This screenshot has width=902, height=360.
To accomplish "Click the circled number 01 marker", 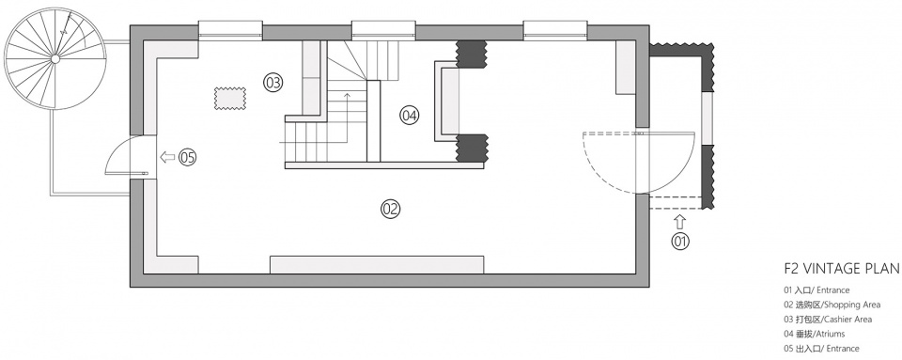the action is pyautogui.click(x=680, y=243).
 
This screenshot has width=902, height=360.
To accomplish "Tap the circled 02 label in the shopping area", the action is pyautogui.click(x=391, y=208).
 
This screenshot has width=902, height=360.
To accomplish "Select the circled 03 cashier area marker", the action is pyautogui.click(x=273, y=83).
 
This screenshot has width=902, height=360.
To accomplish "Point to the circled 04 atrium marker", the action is pyautogui.click(x=409, y=116).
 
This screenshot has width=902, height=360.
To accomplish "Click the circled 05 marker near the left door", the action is pyautogui.click(x=188, y=157).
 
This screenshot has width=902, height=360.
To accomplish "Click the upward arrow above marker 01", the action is pyautogui.click(x=680, y=222).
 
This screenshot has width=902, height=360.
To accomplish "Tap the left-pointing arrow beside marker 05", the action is pyautogui.click(x=167, y=157).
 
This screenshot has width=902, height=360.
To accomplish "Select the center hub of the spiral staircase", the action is pyautogui.click(x=54, y=58).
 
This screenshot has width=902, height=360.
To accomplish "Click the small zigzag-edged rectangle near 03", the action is pyautogui.click(x=230, y=98).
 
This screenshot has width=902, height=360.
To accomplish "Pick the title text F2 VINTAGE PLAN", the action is pyautogui.click(x=842, y=269).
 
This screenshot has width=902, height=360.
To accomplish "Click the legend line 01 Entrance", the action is pyautogui.click(x=816, y=290).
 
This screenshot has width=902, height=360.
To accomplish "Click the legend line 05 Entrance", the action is pyautogui.click(x=821, y=349).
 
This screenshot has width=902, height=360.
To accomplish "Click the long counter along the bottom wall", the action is pyautogui.click(x=377, y=264).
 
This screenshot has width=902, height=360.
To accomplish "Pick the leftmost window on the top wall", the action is pyautogui.click(x=231, y=30).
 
